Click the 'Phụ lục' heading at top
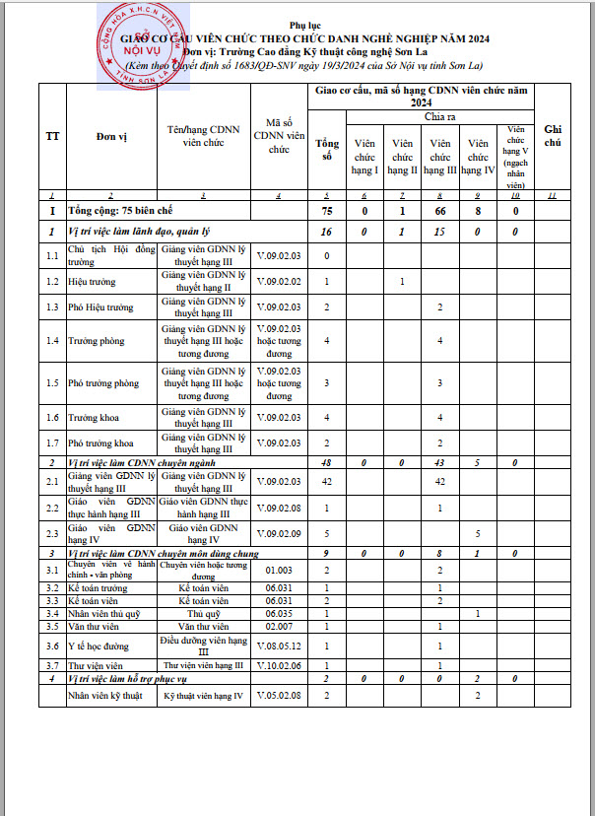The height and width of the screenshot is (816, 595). click(x=297, y=20)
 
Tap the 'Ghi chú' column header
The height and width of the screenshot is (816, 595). click(x=553, y=136)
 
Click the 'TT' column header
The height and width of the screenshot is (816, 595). click(x=51, y=136)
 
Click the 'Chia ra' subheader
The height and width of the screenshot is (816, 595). click(x=439, y=116)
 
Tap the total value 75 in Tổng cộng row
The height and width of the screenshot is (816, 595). click(x=327, y=211)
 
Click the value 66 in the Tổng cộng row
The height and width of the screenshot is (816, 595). click(x=439, y=211)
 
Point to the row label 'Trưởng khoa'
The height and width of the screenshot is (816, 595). click(x=91, y=418)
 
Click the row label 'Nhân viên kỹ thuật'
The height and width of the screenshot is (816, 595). click(x=105, y=697)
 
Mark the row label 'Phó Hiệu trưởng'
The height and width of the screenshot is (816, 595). click(x=100, y=307)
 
